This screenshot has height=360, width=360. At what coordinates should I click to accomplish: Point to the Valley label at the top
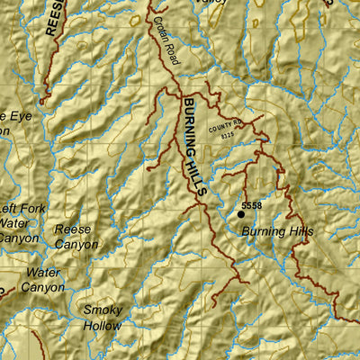pos(211,4)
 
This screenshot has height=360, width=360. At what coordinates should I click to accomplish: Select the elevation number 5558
pos(251,206)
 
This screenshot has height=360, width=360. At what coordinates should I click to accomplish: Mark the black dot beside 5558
pos(240,214)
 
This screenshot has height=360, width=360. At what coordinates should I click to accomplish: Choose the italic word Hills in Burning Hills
pos(300,231)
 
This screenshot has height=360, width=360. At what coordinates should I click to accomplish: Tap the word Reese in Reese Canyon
pos(73,229)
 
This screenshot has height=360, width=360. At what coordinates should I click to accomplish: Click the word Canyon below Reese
pos(76,244)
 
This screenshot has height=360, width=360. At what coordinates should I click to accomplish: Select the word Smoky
pos(103,310)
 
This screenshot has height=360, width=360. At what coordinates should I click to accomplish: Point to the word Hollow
pos(103,325)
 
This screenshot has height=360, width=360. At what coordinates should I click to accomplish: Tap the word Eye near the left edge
pos(18,115)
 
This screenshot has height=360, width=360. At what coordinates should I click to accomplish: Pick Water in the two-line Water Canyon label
pos(43,273)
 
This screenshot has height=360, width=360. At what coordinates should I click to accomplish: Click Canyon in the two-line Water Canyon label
pos(43,287)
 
